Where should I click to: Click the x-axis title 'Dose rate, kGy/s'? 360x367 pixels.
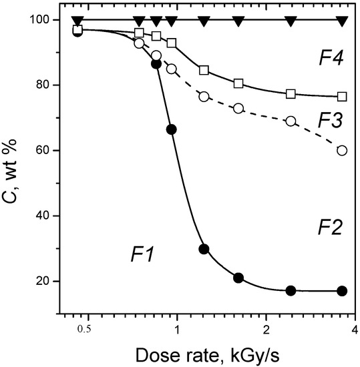pyautogui.click(x=213, y=354)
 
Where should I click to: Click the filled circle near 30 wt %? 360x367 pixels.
pyautogui.click(x=204, y=249)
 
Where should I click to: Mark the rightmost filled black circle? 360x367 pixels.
pyautogui.click(x=342, y=291)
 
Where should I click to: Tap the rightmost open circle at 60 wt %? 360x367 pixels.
pyautogui.click(x=342, y=150)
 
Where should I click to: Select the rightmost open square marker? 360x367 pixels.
pyautogui.click(x=342, y=97)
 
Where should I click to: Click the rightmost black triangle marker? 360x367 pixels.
pyautogui.click(x=342, y=20)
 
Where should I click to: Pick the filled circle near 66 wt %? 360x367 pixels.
pyautogui.click(x=171, y=129)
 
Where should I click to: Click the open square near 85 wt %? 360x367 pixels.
pyautogui.click(x=204, y=70)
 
